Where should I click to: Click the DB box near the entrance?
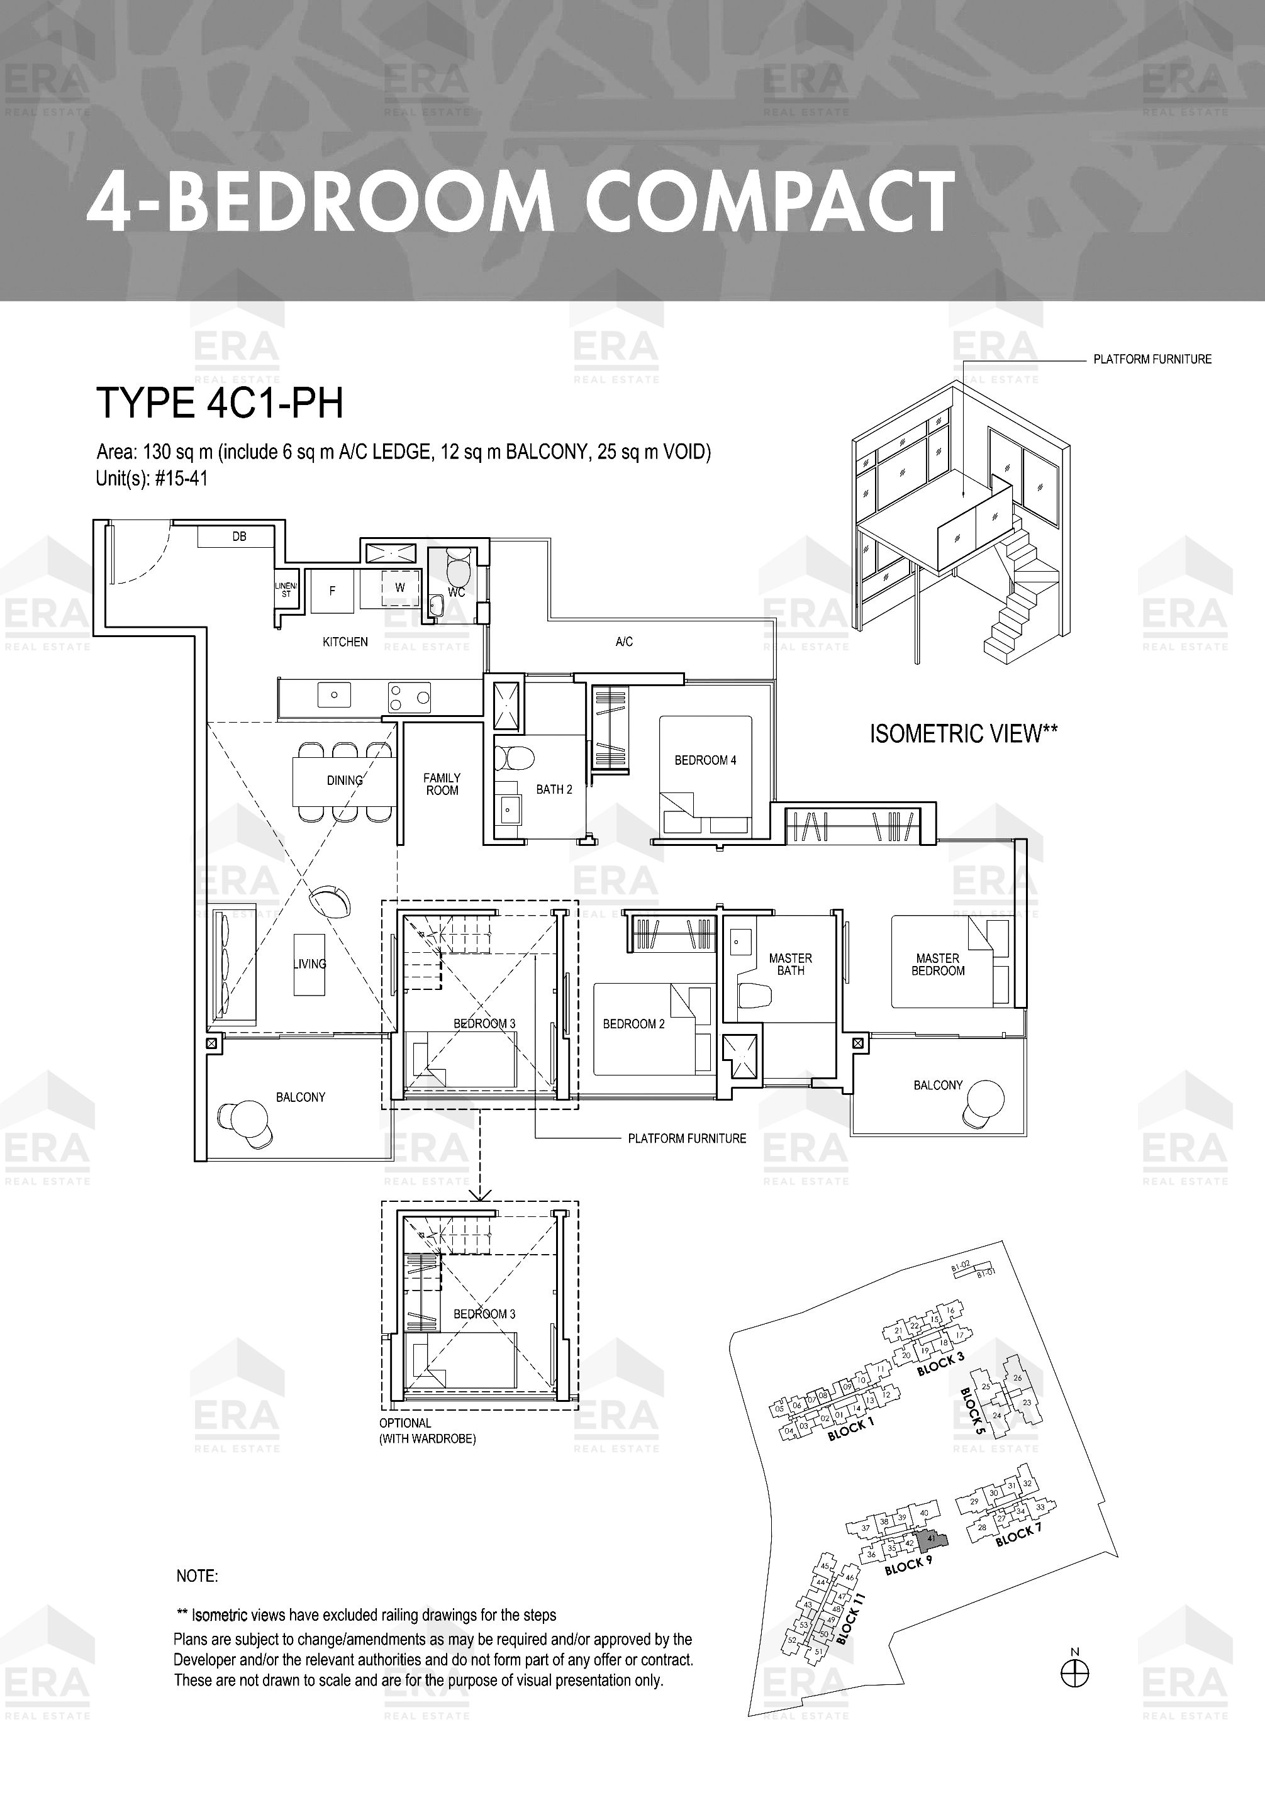tap(235, 536)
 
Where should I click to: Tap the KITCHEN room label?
tap(345, 642)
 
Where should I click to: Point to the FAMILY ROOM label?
tap(442, 784)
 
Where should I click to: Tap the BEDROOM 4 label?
tap(705, 760)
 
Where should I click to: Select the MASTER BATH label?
tap(791, 964)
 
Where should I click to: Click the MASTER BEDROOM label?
tap(938, 964)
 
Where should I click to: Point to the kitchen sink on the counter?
tap(334, 694)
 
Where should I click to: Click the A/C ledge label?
tap(624, 642)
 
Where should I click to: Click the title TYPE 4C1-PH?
tap(220, 404)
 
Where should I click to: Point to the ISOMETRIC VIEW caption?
tap(964, 734)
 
